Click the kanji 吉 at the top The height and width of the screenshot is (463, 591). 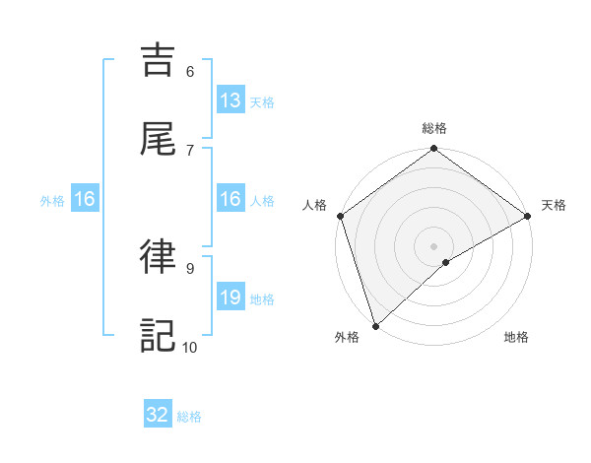160,60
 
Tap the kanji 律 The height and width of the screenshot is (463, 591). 160,256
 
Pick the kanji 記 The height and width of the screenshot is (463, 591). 160,335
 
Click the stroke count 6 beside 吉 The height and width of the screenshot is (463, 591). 190,71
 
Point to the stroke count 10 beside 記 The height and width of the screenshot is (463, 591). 190,347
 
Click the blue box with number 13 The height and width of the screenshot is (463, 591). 230,100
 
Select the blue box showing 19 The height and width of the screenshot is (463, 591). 230,298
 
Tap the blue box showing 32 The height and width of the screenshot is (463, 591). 158,415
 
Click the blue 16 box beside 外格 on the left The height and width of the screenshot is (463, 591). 85,199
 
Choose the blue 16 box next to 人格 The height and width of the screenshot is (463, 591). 230,199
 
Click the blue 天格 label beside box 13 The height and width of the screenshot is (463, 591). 261,102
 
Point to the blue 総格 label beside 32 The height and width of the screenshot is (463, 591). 189,417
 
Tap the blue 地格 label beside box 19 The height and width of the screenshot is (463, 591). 261,299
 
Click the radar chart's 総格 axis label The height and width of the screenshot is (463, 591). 434,128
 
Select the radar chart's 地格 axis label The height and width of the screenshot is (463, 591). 516,338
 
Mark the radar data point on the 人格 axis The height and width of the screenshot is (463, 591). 340,216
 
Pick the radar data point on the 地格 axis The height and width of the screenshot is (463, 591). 446,262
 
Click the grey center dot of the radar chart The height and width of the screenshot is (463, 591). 434,245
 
